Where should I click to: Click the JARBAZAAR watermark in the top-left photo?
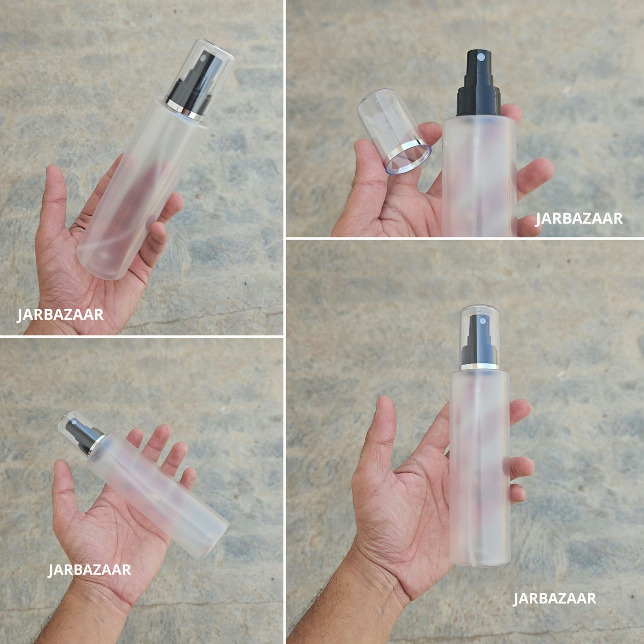[x=60, y=315]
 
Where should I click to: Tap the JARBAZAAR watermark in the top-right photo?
[x=579, y=219]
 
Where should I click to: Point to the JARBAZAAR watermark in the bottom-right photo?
[x=555, y=598]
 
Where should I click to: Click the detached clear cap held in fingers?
[x=394, y=131]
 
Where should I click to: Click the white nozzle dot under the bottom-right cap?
[x=482, y=321]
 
